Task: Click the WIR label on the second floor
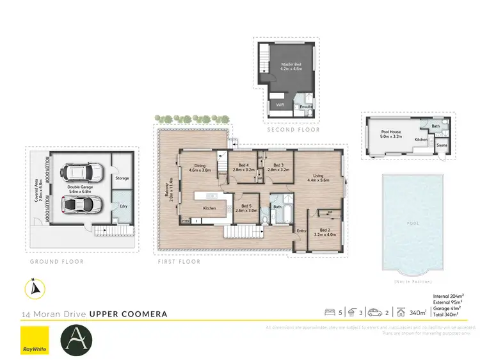280,104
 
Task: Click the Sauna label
441,145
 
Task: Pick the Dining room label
199,168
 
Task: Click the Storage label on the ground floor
122,179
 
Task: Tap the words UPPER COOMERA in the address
128,314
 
